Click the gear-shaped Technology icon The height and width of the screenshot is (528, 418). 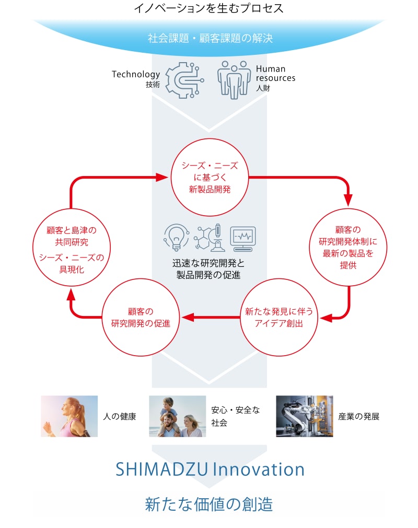(x=184, y=80)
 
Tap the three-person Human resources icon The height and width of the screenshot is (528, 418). (x=234, y=80)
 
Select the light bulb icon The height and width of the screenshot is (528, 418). (x=176, y=238)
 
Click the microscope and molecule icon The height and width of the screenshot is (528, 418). (x=210, y=238)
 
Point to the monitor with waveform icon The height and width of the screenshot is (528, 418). (x=243, y=239)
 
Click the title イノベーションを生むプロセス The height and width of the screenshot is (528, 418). (x=209, y=8)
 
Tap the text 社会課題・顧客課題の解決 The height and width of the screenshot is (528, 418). (x=210, y=38)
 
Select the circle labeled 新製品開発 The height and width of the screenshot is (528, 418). (x=210, y=177)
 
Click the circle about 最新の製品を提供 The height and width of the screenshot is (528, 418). (x=348, y=247)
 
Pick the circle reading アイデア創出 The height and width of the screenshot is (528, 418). (x=279, y=317)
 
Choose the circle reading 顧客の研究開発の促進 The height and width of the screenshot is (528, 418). (x=141, y=317)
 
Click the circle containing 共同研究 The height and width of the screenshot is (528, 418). (x=72, y=247)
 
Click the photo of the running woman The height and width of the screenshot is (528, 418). (x=69, y=416)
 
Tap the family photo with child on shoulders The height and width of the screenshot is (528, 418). (x=178, y=416)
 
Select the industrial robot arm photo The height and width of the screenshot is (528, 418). (x=305, y=416)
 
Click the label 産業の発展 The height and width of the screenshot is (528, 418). (x=359, y=417)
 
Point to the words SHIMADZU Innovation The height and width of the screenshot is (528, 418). (x=210, y=470)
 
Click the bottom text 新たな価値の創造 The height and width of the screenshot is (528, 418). (x=209, y=504)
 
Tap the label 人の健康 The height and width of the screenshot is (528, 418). (x=120, y=417)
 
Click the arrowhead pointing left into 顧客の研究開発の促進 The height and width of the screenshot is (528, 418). (x=188, y=317)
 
